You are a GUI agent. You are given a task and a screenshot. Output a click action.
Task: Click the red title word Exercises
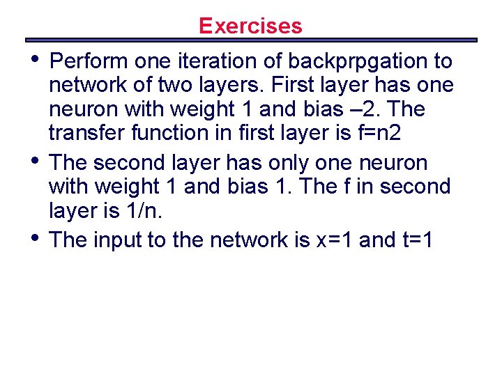click(250, 26)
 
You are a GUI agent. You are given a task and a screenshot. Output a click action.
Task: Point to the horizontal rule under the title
click(250, 40)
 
